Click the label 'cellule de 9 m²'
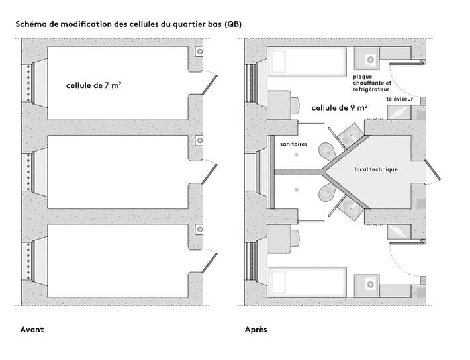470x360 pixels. (340, 107)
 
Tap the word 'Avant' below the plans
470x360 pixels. (32, 329)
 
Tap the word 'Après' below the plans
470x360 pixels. (256, 329)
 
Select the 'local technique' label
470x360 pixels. (375, 169)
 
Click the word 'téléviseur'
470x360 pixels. (400, 98)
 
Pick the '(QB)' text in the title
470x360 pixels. (233, 24)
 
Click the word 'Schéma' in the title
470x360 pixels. (30, 24)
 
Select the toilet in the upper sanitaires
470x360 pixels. (326, 151)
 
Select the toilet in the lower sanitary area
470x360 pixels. (326, 192)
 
